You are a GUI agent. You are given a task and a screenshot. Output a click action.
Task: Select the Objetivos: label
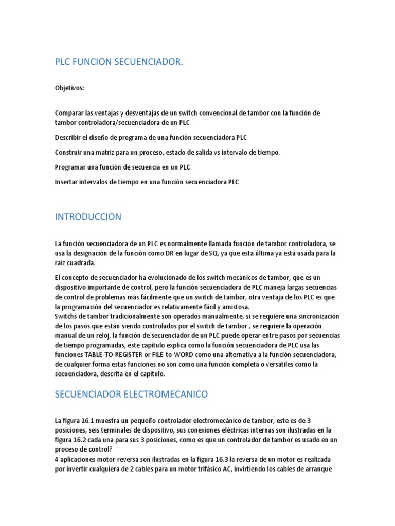pyautogui.click(x=69, y=88)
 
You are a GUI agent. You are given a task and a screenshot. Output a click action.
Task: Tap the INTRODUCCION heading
pyautogui.click(x=88, y=217)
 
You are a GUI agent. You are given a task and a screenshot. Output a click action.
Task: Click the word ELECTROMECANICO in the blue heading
pyautogui.click(x=164, y=394)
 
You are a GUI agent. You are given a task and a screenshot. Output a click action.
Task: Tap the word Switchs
pyautogui.click(x=67, y=316)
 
